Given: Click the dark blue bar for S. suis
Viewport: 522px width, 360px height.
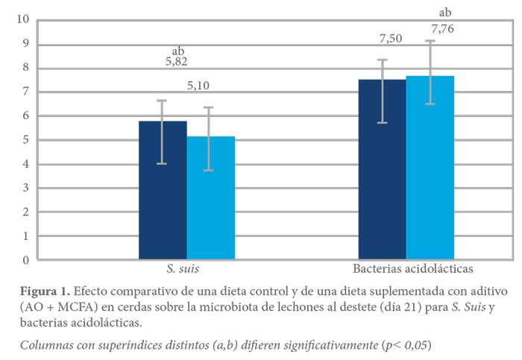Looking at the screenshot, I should coord(163,190).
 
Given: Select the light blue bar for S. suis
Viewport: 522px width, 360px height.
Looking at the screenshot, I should coord(210,198).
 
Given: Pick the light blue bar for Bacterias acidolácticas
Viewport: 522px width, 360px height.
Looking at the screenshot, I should coord(430,168).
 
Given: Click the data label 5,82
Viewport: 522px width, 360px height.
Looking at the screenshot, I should coord(177,62).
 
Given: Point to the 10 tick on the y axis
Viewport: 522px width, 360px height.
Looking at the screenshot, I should coord(24,20).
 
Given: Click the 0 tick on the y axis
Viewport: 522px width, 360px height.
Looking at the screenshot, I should coord(27,260).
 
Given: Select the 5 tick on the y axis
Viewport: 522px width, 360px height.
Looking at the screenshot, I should coord(27,140).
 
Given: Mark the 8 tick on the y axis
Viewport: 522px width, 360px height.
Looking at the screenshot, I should coord(27,68).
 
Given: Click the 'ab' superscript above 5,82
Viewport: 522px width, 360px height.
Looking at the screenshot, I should coord(177,51).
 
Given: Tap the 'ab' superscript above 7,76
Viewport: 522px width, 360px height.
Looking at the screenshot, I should coord(445,12).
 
